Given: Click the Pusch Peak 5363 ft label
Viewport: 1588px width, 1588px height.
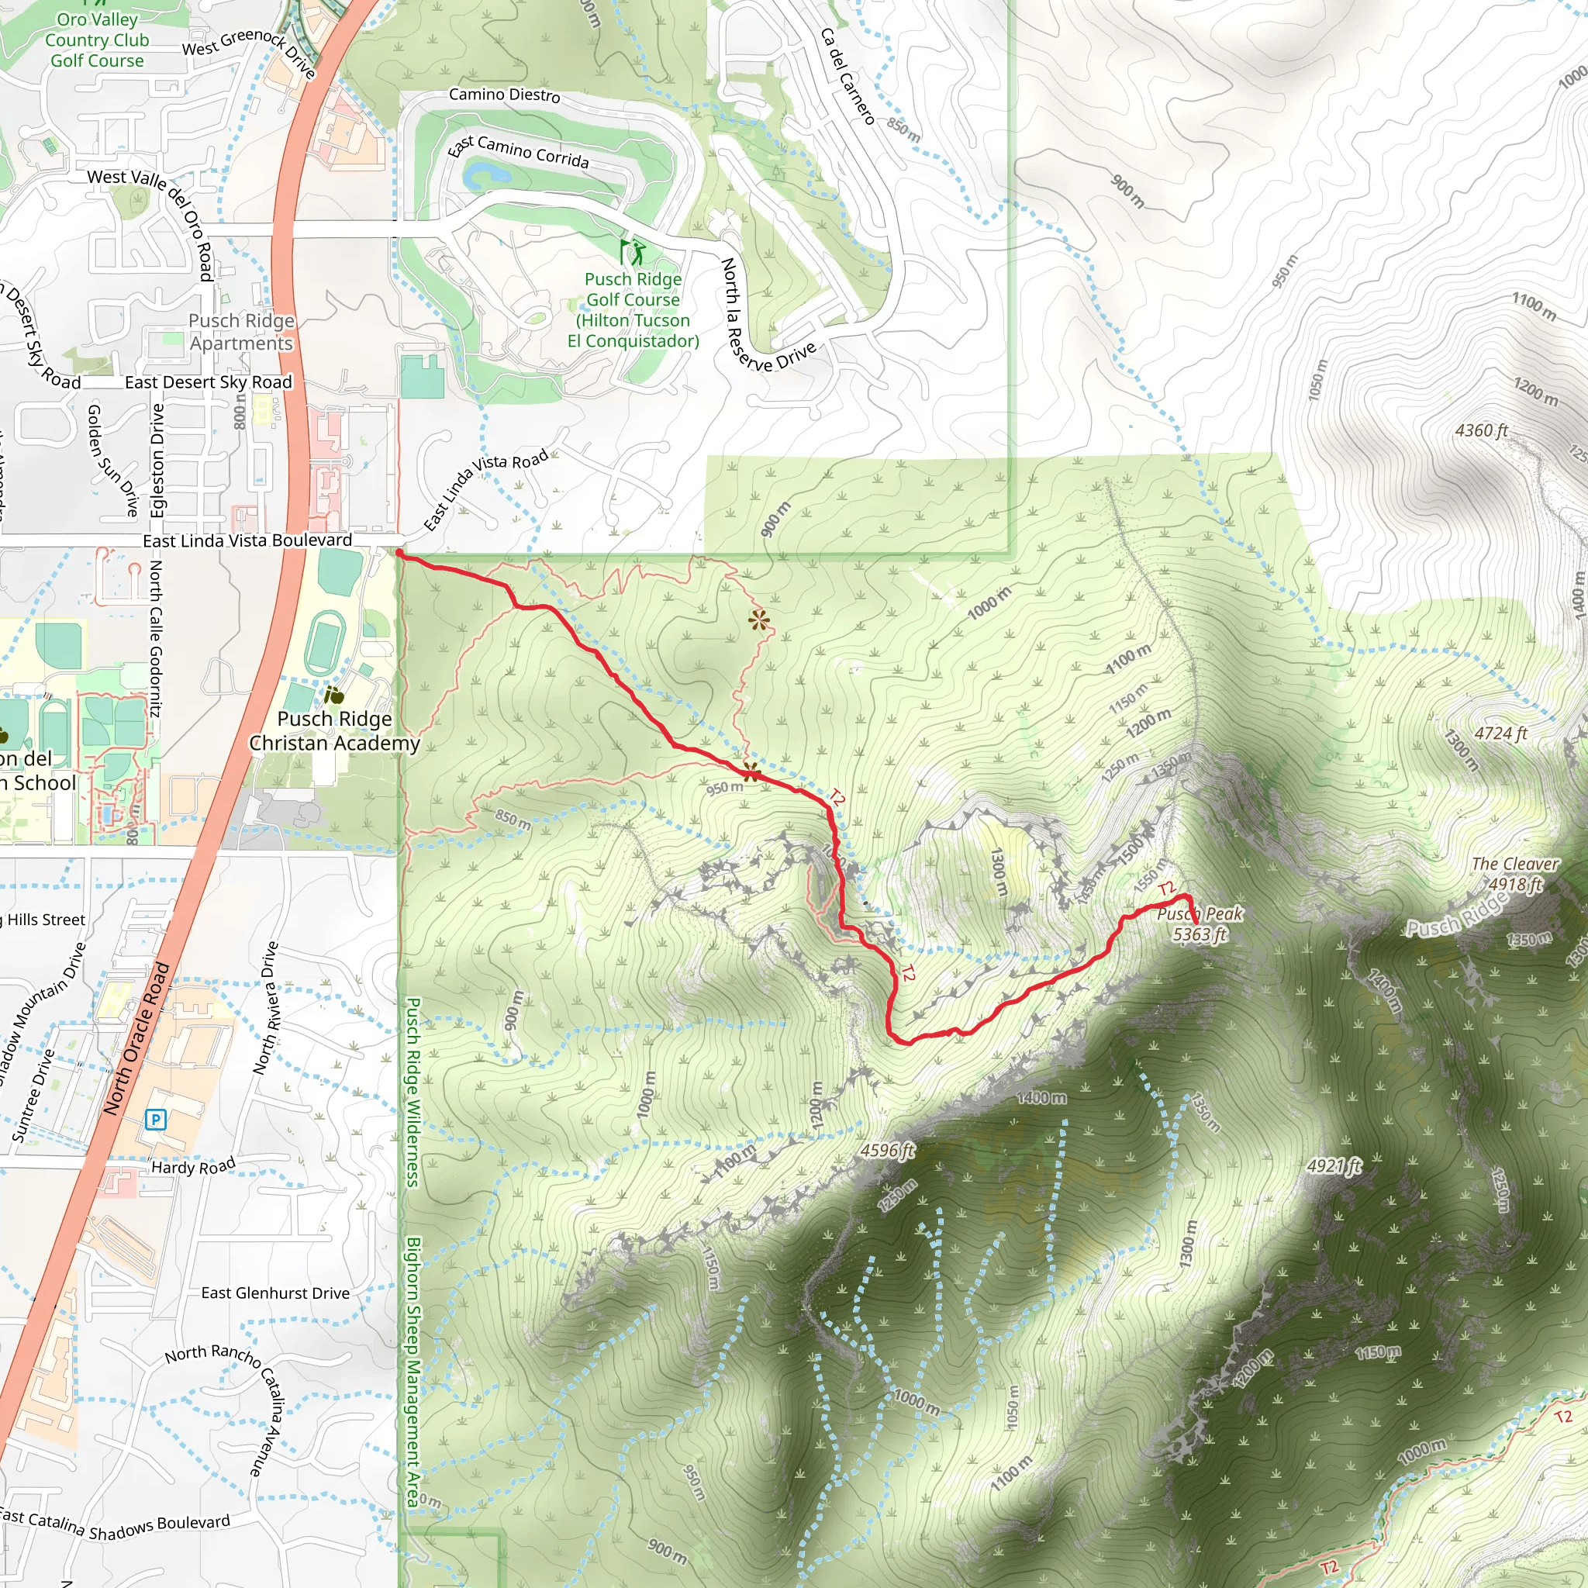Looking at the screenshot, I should pos(1200,923).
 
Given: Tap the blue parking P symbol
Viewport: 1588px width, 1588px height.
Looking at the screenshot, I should pos(155,1119).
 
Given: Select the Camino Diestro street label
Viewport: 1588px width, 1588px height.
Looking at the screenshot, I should pos(504,95).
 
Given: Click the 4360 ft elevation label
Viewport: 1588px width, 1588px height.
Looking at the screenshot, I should pos(1481,430).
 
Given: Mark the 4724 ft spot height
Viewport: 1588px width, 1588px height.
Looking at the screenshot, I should pos(1500,734).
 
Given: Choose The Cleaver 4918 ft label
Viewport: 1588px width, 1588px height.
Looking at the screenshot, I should pos(1515,874).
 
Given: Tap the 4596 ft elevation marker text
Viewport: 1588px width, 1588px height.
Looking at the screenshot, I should pos(887,1150).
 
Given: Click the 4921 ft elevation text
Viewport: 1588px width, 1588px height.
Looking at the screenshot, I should pos(1333,1165).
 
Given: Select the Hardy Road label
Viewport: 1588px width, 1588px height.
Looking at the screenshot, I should pos(193,1166).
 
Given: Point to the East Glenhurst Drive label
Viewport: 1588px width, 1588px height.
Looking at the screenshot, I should pos(275,1293).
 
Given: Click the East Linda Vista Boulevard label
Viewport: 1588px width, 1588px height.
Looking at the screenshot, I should pos(247,540).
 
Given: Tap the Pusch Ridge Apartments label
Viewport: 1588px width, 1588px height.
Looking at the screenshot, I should pos(241,332).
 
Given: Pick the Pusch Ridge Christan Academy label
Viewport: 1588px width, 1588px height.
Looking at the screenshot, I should pos(334,730).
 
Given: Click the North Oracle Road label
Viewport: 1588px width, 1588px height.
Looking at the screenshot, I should pos(136,1039).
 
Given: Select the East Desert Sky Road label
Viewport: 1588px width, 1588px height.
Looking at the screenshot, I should pos(208,382).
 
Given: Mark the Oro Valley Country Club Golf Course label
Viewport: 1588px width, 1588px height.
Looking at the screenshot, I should pos(97,40).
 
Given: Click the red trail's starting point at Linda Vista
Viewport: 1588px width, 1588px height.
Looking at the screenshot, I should pos(399,554).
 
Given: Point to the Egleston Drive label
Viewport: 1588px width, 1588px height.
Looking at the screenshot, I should pos(157,461).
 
